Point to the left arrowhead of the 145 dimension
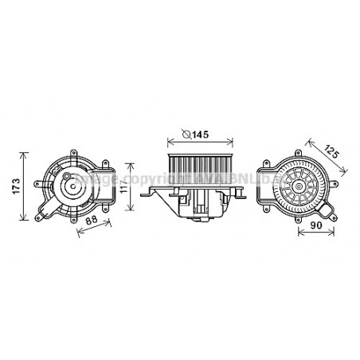click(x=169, y=141)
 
